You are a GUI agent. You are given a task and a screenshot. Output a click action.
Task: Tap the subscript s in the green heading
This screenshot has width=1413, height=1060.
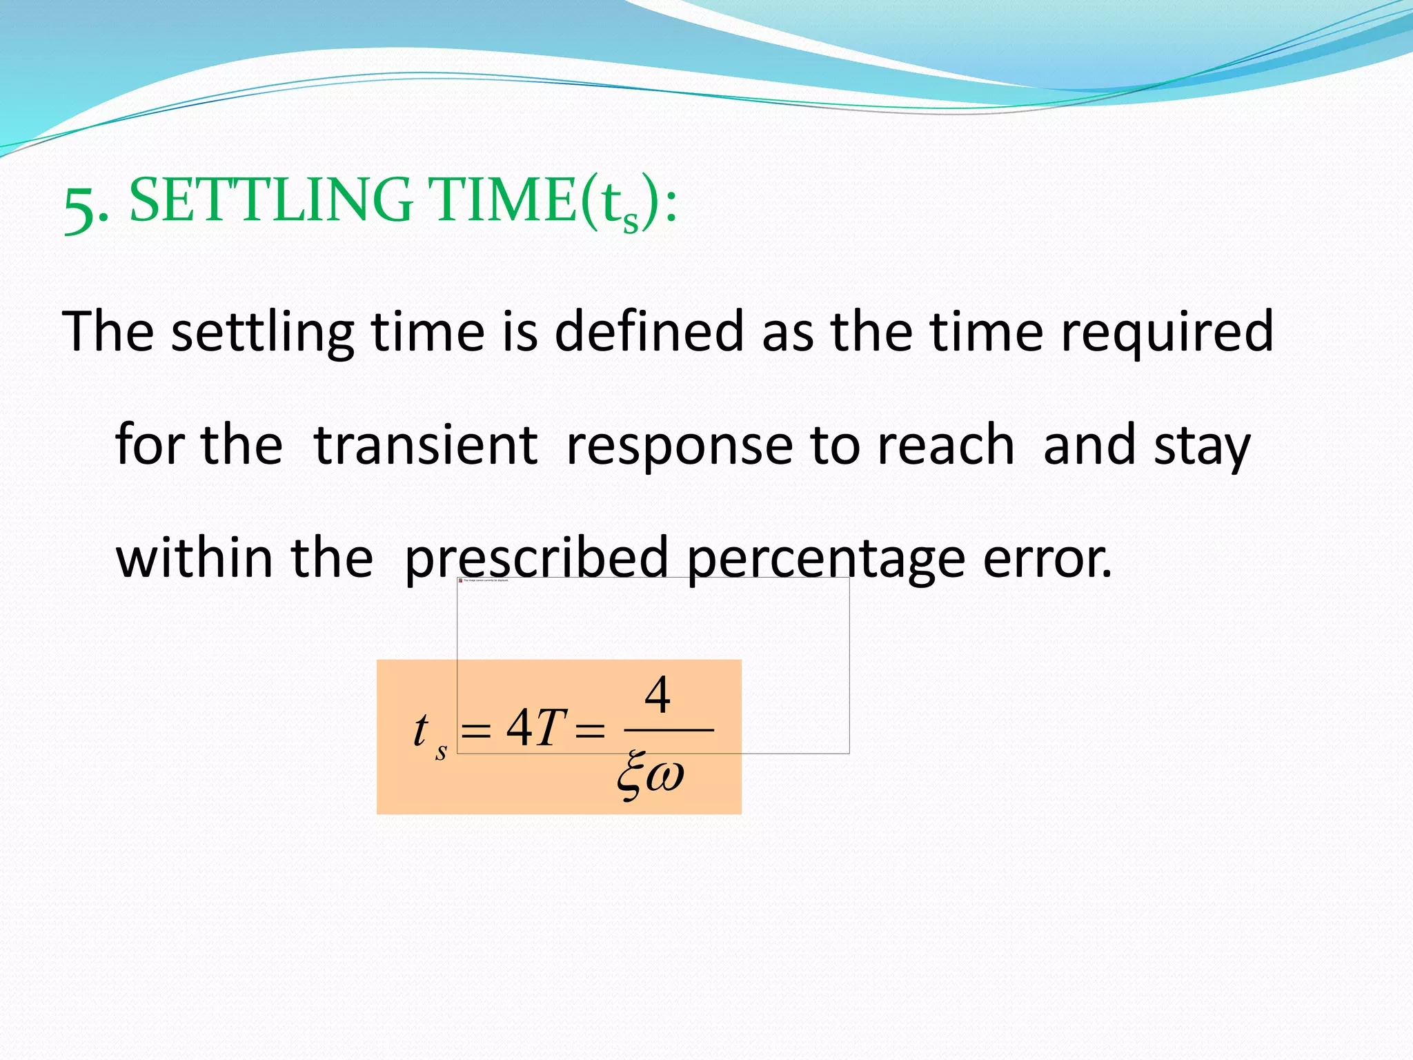click(x=630, y=222)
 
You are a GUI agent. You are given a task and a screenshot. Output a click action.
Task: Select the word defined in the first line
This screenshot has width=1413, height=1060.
click(x=649, y=332)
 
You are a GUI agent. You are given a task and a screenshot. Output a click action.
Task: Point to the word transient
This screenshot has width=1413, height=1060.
click(x=425, y=445)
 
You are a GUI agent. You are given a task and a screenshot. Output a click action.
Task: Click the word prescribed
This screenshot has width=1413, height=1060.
click(x=536, y=559)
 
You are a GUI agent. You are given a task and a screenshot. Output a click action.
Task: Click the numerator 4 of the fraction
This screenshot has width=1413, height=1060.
click(x=657, y=695)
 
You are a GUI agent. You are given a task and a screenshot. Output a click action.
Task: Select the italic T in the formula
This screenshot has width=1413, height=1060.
click(x=551, y=729)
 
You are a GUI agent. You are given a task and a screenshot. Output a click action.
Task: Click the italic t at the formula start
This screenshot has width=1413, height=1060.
click(x=419, y=730)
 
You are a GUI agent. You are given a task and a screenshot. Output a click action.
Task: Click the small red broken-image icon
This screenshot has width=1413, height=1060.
click(x=461, y=580)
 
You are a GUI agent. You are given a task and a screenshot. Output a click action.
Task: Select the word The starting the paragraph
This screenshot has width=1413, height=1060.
click(x=108, y=332)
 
